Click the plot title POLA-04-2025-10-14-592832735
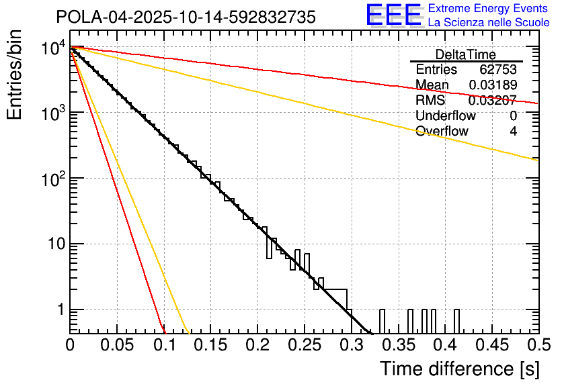click(x=186, y=17)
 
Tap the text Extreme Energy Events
click(x=489, y=9)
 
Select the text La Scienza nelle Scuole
click(x=489, y=23)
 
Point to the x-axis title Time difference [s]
click(x=458, y=369)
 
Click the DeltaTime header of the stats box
click(x=466, y=54)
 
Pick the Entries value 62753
click(x=498, y=70)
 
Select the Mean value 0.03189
click(x=493, y=85)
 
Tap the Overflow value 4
click(x=513, y=131)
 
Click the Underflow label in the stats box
click(x=443, y=116)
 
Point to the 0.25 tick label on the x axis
click(x=305, y=346)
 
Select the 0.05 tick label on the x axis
click(x=117, y=346)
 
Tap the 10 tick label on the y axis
click(x=55, y=244)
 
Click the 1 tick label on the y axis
click(x=59, y=310)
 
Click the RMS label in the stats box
click(x=430, y=101)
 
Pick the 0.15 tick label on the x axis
click(x=210, y=346)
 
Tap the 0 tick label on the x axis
click(x=70, y=346)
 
